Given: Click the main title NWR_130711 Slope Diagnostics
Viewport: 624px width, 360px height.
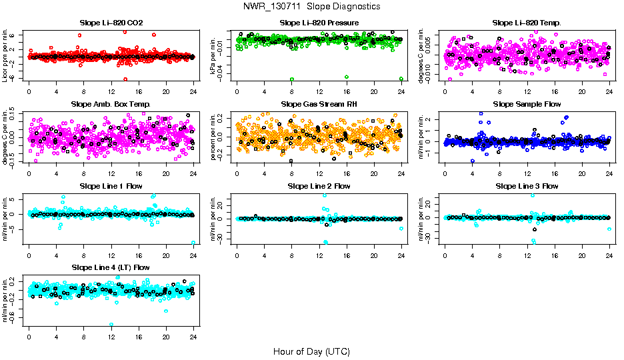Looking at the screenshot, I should click(312, 6).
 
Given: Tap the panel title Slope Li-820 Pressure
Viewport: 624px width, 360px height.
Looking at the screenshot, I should click(319, 23).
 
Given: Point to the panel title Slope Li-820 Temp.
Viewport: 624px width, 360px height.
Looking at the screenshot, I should click(527, 23).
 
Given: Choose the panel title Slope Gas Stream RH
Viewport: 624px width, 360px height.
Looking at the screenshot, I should click(319, 104).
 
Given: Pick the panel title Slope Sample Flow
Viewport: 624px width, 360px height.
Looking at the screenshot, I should click(527, 104).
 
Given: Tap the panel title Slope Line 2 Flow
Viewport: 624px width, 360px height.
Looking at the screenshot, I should click(319, 186).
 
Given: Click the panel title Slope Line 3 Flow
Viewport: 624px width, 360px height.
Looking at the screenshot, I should click(527, 186).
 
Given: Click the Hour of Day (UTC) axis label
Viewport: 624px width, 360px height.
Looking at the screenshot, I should click(311, 351).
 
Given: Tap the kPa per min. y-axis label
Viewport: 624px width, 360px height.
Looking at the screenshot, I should click(214, 56).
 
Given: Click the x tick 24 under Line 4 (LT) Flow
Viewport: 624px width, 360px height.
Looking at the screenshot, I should click(193, 337).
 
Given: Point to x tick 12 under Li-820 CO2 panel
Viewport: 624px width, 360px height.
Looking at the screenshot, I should click(111, 93).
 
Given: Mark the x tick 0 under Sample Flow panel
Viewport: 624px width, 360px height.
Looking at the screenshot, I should click(445, 174).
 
